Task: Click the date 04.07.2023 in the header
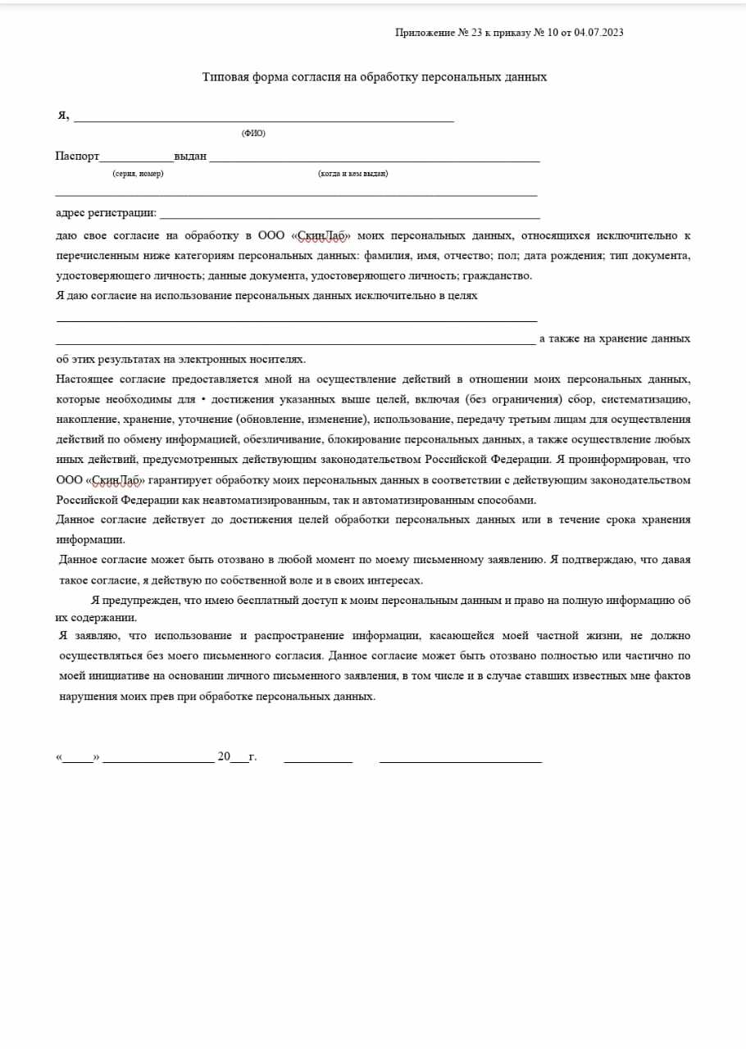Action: pyautogui.click(x=599, y=33)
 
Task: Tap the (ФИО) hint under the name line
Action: pyautogui.click(x=253, y=133)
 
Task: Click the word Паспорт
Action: pyautogui.click(x=77, y=156)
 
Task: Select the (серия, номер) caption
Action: pyautogui.click(x=138, y=174)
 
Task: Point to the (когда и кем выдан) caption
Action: pyautogui.click(x=353, y=174)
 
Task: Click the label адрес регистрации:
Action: pyautogui.click(x=106, y=213)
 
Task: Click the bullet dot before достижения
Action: pyautogui.click(x=202, y=399)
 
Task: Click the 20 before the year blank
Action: pyautogui.click(x=224, y=756)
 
